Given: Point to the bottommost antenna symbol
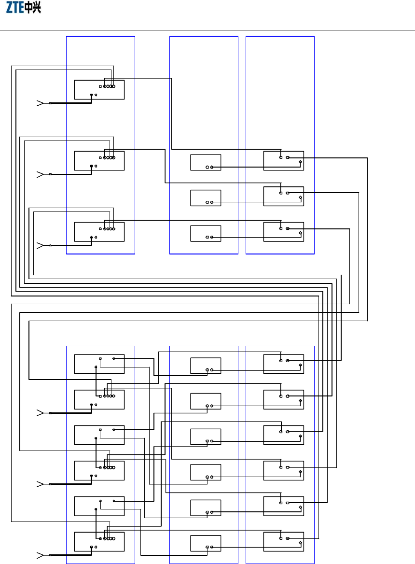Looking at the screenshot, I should (41, 555).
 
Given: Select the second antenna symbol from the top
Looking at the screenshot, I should (41, 174).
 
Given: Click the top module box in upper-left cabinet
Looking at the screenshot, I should (99, 90).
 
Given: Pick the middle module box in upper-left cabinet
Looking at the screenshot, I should (99, 161).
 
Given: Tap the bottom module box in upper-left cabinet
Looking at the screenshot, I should (99, 232).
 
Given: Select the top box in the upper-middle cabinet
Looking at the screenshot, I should (206, 162).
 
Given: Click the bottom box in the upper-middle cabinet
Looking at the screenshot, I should (206, 233).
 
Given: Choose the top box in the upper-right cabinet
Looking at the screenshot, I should (283, 160).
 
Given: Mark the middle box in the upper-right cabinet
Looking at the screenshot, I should (283, 196).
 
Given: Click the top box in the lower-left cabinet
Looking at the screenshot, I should (99, 364).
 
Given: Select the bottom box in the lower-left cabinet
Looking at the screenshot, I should (99, 541).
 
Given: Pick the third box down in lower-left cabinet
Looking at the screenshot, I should (99, 435).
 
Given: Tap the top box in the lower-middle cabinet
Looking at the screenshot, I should (206, 366).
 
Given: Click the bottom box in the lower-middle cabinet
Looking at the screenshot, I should (206, 543).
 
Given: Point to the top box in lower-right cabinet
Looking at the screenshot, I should (283, 364).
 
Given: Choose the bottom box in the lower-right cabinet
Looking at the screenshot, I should (283, 541).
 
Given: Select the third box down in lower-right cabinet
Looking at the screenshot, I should (283, 435).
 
